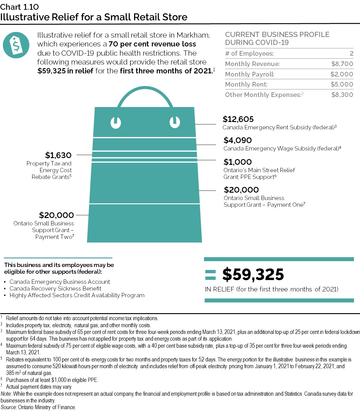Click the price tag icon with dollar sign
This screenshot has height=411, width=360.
click(x=16, y=45)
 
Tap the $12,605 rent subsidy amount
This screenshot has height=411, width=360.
click(x=238, y=119)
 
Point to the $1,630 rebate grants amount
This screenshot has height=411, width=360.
click(x=58, y=155)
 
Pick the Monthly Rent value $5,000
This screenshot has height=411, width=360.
click(x=342, y=84)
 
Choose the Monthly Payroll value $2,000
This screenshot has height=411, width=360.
click(x=342, y=74)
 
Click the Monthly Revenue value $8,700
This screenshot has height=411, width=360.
click(x=342, y=64)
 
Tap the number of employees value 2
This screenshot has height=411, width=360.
click(x=351, y=54)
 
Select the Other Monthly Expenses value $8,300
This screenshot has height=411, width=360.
click(x=342, y=95)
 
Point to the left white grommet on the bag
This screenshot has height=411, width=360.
click(x=116, y=123)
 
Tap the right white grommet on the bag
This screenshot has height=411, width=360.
click(x=175, y=122)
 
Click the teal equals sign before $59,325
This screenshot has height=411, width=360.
click(x=211, y=275)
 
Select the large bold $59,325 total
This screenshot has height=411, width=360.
click(x=253, y=274)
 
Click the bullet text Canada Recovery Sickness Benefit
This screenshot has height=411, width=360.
click(x=55, y=289)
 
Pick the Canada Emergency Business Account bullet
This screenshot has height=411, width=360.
click(x=60, y=282)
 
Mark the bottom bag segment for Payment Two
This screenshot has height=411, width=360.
click(x=144, y=223)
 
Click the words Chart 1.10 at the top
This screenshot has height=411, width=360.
click(x=20, y=7)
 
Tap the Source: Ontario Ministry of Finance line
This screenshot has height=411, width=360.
click(x=38, y=407)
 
